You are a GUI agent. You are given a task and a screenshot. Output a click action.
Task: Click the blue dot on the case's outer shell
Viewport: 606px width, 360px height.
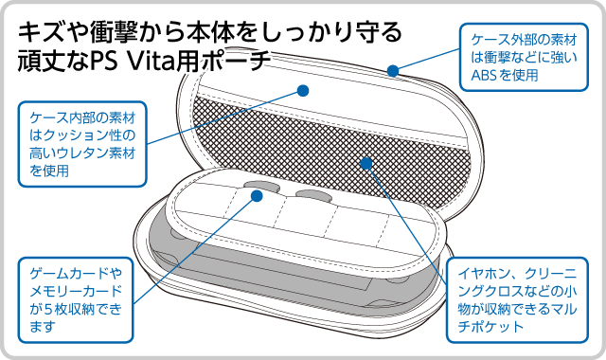393,71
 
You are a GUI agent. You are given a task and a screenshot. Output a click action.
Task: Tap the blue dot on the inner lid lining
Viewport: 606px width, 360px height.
303,91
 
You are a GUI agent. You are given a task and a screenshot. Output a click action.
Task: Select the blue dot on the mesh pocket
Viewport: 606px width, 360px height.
366,163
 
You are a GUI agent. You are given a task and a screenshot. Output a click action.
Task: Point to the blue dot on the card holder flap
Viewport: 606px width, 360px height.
257,196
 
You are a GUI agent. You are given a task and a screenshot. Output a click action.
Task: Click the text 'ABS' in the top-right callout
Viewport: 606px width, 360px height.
484,75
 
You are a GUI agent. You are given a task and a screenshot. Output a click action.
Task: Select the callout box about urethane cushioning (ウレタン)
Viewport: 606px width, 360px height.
82,144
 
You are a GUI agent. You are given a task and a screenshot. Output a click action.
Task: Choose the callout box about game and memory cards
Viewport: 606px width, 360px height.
76,300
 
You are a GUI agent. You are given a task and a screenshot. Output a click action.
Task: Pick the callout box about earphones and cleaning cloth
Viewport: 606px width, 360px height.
517,300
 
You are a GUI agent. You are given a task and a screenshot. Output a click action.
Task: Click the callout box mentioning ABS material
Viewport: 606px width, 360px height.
524,57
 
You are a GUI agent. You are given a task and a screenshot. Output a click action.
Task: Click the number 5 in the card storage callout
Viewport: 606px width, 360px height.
48,309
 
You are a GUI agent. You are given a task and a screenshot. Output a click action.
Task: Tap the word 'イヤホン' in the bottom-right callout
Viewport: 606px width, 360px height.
487,274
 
